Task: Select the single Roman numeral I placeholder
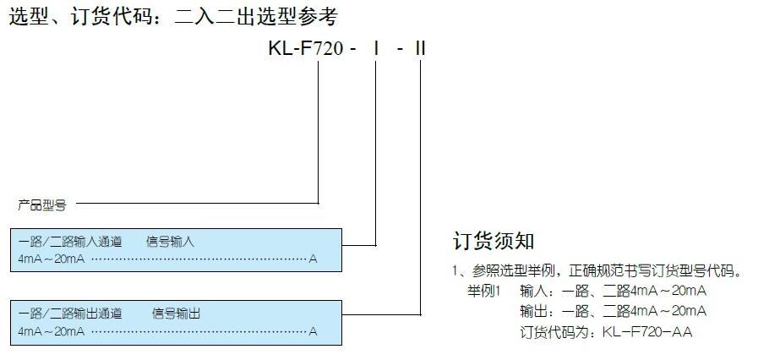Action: pyautogui.click(x=374, y=48)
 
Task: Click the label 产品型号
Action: pyautogui.click(x=41, y=204)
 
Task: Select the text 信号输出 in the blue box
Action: pyautogui.click(x=177, y=314)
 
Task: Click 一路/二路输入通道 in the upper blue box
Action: pyautogui.click(x=69, y=242)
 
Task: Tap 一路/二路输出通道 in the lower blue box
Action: pyautogui.click(x=69, y=314)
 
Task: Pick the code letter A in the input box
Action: pyautogui.click(x=313, y=258)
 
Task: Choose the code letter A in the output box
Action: pyautogui.click(x=313, y=330)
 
